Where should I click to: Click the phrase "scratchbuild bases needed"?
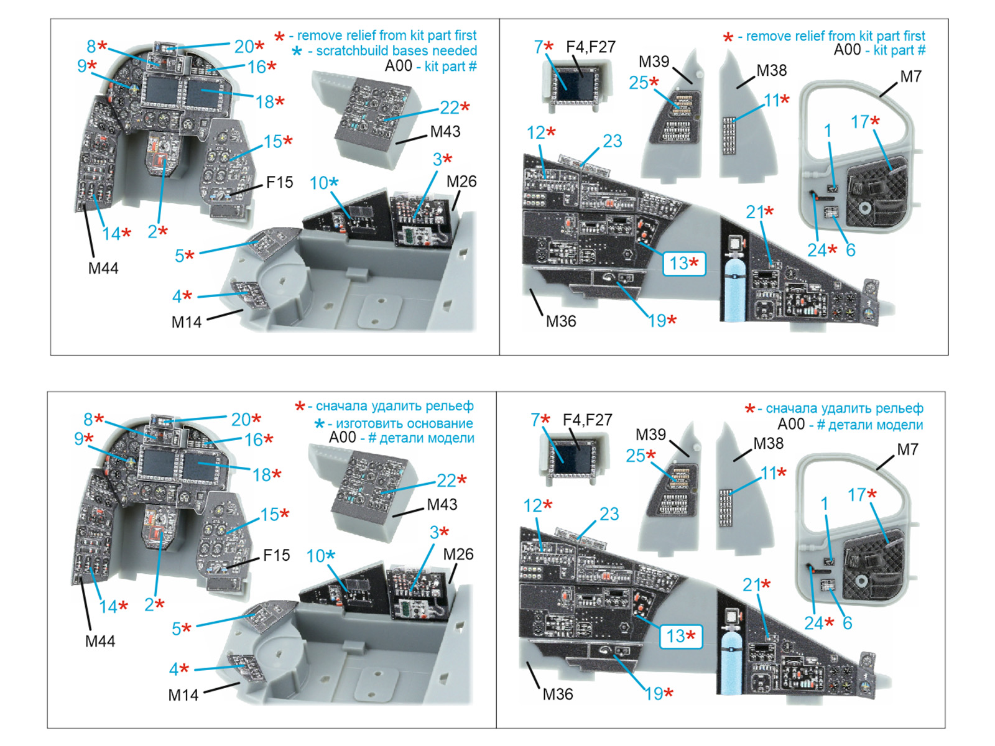coord(396,51)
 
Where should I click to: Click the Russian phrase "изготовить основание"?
coord(404,423)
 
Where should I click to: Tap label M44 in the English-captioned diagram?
coord(103,268)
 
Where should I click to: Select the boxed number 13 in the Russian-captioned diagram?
coord(680,637)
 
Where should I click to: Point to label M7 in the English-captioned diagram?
coord(910,76)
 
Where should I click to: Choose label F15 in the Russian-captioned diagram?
coord(276,555)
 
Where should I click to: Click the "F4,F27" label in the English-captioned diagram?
coord(590,47)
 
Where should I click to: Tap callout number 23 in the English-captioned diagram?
coord(612,141)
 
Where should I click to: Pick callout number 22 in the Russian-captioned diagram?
coord(447,481)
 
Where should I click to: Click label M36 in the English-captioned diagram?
coord(560,321)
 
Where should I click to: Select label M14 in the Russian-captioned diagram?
coord(183,695)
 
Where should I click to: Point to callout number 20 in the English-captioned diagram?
coord(244,47)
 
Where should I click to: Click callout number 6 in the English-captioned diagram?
coord(850,250)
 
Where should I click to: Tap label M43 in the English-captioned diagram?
coord(445,132)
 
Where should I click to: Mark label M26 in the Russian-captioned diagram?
coord(458,555)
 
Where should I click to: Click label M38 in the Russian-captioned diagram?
coord(768,444)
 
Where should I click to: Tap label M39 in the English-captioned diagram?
coord(654,62)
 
